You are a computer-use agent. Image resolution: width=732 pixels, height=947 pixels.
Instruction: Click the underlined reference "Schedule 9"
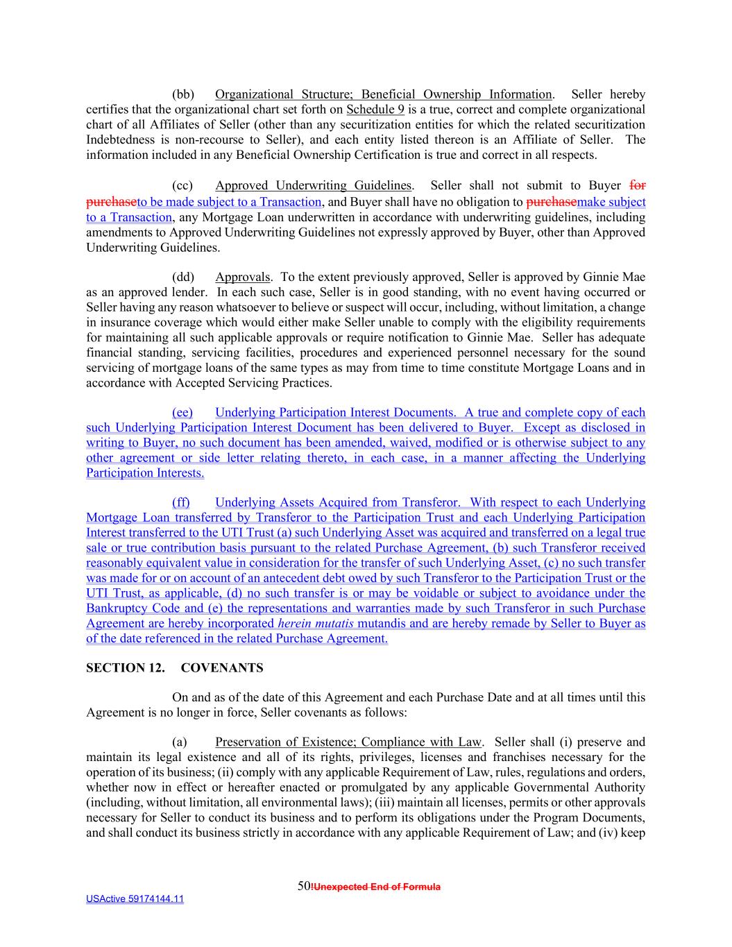click(375, 110)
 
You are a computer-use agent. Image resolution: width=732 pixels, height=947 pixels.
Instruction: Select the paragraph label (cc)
click(182, 186)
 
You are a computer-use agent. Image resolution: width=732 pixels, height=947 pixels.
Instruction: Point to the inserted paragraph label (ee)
click(182, 413)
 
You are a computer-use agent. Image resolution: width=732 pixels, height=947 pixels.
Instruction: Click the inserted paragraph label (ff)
click(181, 503)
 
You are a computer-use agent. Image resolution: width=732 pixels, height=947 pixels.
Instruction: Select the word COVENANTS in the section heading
click(222, 668)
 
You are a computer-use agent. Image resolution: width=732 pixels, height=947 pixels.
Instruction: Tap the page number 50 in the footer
click(304, 886)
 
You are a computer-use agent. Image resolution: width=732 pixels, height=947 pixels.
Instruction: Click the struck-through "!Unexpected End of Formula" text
click(377, 887)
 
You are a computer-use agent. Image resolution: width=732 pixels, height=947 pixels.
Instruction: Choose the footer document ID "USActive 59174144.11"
click(135, 899)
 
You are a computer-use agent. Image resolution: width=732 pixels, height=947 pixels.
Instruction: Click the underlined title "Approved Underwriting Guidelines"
click(313, 186)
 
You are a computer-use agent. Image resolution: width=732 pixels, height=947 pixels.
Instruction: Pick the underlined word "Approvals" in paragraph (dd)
click(242, 278)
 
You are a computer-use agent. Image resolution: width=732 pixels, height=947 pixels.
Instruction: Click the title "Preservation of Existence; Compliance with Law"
click(348, 742)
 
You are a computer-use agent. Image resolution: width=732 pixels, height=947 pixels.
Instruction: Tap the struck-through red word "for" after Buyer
click(638, 186)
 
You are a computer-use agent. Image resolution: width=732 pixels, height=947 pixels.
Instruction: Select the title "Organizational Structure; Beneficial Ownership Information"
click(383, 94)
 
